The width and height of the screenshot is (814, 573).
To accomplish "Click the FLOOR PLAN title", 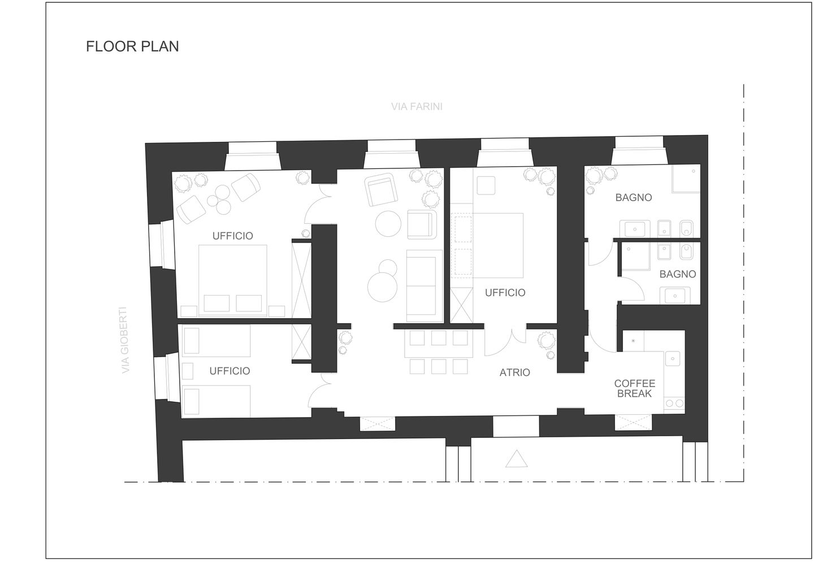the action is pyautogui.click(x=132, y=46).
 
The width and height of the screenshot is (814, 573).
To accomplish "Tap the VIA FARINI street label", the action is pyautogui.click(x=417, y=106).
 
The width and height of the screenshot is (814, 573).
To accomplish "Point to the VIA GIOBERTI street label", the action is pyautogui.click(x=124, y=340).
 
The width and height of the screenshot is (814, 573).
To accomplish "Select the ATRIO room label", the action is pyautogui.click(x=514, y=372).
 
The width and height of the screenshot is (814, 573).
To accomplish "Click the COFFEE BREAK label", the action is pyautogui.click(x=634, y=388).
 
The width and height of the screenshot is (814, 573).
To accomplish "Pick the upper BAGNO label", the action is pyautogui.click(x=633, y=198).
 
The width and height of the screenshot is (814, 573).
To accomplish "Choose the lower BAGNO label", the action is pyautogui.click(x=677, y=274).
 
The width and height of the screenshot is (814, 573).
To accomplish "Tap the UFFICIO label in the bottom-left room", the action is pyautogui.click(x=230, y=371).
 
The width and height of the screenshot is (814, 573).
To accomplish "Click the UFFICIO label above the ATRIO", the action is pyautogui.click(x=505, y=293).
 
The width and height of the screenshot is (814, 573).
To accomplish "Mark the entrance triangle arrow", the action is pyautogui.click(x=517, y=459).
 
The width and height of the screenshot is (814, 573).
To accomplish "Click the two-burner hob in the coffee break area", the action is pyautogui.click(x=674, y=403).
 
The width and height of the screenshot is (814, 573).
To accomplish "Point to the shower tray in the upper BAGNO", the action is pyautogui.click(x=686, y=179).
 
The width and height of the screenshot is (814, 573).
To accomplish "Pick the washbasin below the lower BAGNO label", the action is pyautogui.click(x=675, y=296).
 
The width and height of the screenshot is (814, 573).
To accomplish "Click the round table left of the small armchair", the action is pyautogui.click(x=388, y=223).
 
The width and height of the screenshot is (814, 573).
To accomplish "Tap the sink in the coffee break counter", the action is pyautogui.click(x=673, y=359).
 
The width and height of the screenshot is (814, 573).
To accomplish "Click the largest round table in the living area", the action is pyautogui.click(x=382, y=287).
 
